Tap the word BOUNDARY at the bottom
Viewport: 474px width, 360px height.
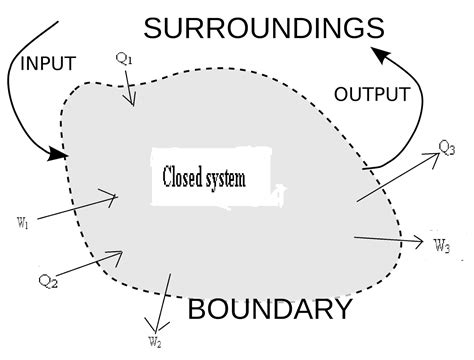pos(270,309)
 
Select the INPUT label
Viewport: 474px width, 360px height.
pos(48,65)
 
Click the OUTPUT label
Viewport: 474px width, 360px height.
pos(371,95)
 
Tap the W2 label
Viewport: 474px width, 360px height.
pos(155,343)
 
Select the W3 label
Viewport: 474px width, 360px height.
pos(442,244)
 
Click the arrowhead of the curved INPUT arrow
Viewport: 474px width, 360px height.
pos(59,155)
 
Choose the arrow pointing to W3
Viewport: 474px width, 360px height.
pos(390,240)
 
